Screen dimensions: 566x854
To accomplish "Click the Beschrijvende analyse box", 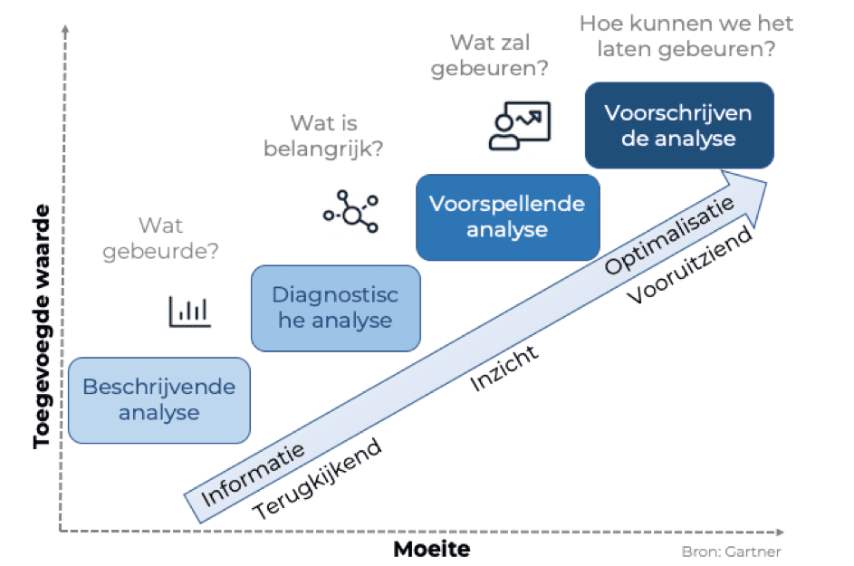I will pos(158,399).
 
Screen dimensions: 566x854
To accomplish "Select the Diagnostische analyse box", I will pos(335,308).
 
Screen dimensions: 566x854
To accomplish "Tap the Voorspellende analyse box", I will pos(506,216).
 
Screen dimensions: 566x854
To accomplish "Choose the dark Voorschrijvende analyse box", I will pos(678,125).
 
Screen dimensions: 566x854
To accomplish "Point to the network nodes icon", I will pos(350,212).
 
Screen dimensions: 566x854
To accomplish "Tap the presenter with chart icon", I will pos(518,124).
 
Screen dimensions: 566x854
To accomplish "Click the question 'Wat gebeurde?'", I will pos(160,238).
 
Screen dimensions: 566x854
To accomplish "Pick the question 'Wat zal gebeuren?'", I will pos(490,56).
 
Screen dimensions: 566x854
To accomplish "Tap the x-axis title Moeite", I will pos(432,549).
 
